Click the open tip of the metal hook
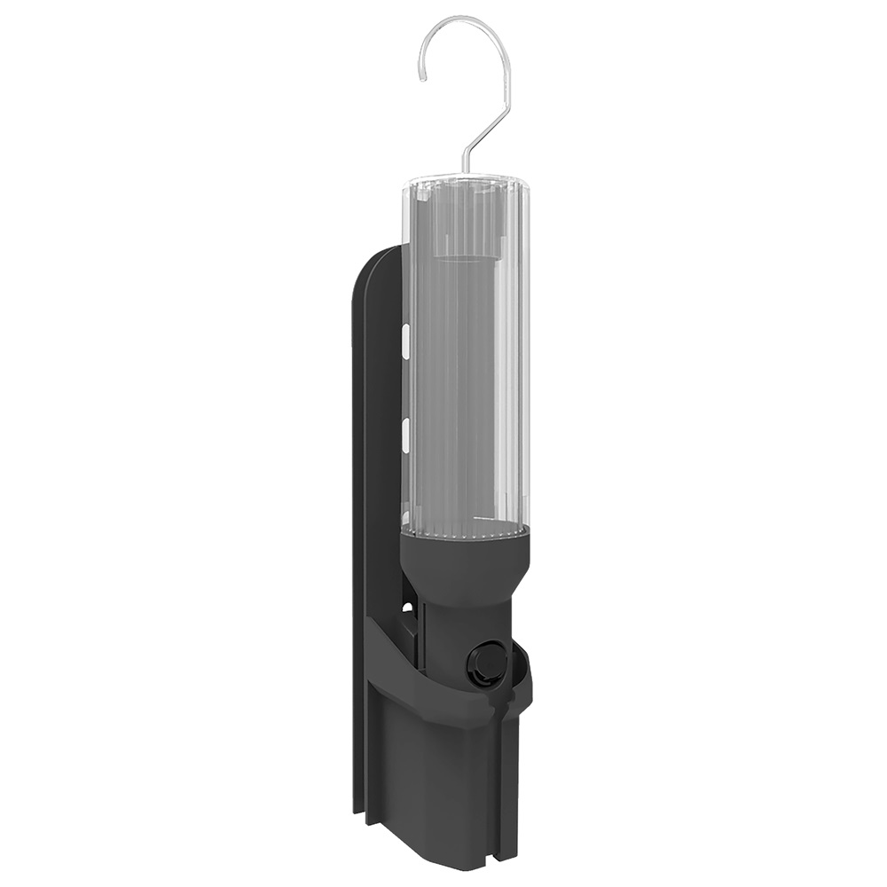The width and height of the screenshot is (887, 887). [424, 77]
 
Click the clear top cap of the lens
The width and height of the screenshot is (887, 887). [465, 188]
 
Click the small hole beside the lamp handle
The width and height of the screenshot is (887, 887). [407, 610]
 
